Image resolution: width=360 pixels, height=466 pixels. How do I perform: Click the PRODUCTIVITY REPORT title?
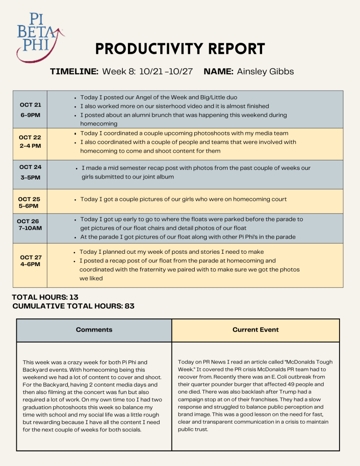[180, 49]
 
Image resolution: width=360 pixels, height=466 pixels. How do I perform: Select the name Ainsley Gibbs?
[265, 72]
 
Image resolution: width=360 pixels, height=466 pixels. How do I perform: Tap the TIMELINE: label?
[74, 72]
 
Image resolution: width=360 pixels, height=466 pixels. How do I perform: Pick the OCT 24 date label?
[30, 167]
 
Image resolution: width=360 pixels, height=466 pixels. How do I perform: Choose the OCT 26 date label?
[28, 221]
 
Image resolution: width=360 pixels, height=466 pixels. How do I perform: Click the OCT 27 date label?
[31, 257]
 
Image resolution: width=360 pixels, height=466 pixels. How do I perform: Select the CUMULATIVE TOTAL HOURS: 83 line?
[73, 306]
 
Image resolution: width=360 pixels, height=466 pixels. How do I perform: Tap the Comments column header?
[94, 330]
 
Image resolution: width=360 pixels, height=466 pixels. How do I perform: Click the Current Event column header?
[255, 330]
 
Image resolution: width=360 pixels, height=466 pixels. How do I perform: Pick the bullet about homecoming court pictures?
[183, 199]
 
